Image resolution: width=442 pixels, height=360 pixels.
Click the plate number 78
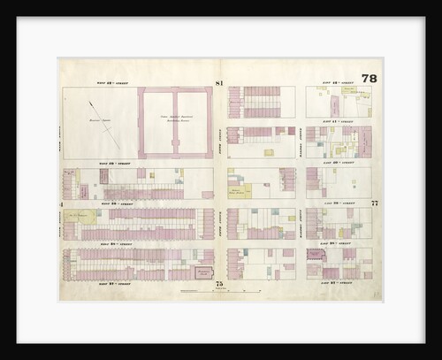tap(369, 79)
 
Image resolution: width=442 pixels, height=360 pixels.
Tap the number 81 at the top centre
tap(217, 83)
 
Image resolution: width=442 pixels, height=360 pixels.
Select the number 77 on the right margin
tap(375, 203)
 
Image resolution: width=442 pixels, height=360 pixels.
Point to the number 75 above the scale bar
tap(217, 283)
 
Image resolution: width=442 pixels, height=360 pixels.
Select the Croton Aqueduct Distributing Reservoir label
tap(174, 119)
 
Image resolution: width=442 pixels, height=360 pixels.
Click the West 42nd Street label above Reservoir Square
tap(113, 83)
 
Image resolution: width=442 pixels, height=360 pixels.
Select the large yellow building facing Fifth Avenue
tap(240, 189)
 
